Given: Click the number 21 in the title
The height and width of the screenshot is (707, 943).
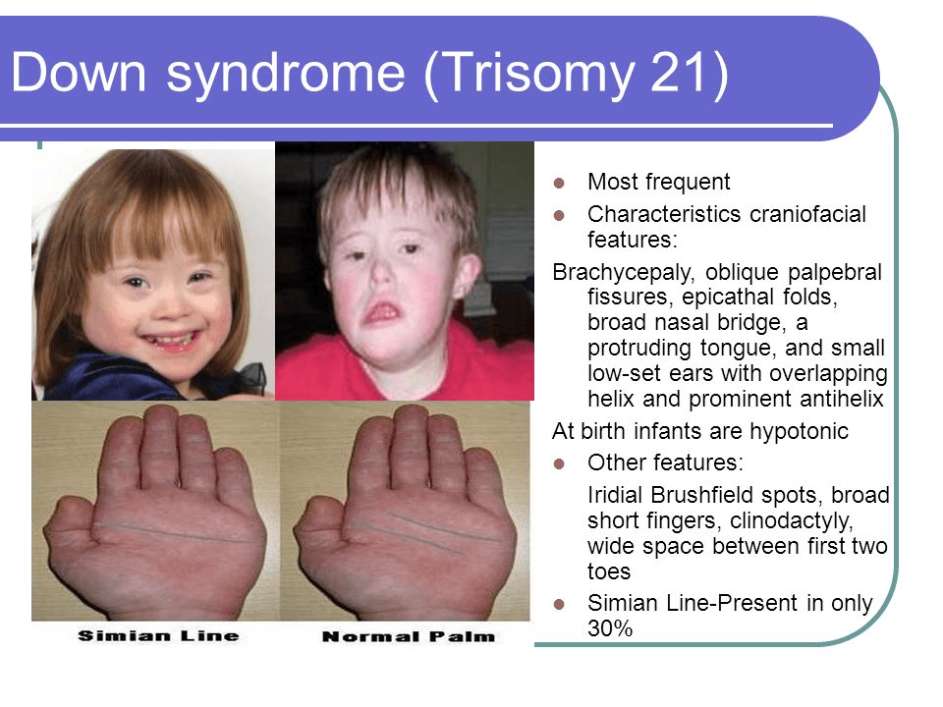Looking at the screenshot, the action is (x=677, y=72).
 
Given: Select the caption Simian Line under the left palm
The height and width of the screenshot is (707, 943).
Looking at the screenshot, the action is (x=159, y=635).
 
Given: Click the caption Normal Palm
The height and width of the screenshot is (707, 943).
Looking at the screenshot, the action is (x=409, y=636).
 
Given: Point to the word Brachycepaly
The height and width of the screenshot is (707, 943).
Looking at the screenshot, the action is (x=623, y=273).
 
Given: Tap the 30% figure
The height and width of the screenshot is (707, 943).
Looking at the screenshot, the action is (x=610, y=628).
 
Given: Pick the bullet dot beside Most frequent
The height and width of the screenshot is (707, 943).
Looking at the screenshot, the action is (x=559, y=183).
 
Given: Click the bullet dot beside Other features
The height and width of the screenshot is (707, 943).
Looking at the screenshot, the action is (x=559, y=463).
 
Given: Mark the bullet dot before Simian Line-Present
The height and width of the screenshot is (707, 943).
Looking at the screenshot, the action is (x=559, y=604).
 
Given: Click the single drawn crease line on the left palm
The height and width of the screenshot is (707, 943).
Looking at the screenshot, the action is (x=176, y=532).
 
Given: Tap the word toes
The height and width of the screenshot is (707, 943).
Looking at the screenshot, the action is (x=609, y=571).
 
